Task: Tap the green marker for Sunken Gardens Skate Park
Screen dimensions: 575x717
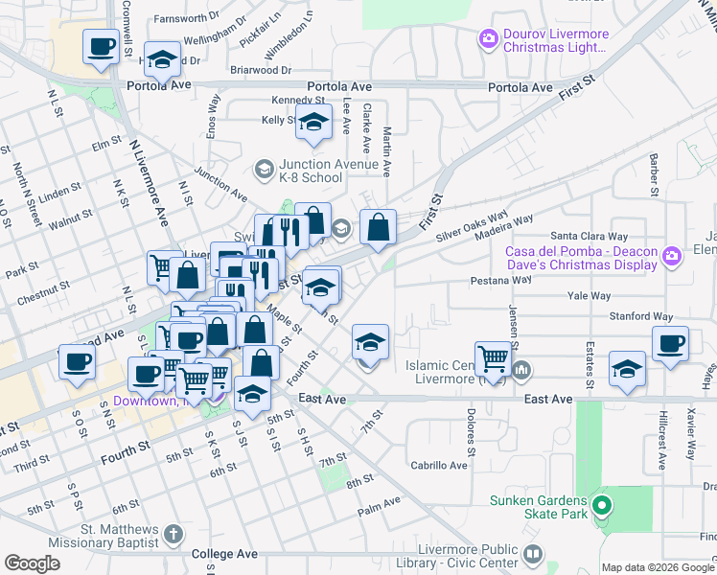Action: [602, 505]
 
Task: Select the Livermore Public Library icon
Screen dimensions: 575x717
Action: [533, 555]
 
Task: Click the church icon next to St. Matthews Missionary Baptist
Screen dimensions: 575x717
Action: [173, 534]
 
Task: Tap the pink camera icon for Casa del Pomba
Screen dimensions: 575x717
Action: [671, 254]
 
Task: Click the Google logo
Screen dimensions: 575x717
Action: [33, 563]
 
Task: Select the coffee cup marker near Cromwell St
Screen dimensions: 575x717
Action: [101, 46]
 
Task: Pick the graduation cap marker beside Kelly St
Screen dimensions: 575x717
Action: [312, 122]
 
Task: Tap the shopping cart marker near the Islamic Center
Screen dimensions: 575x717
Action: [493, 358]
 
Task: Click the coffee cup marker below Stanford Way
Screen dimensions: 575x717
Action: [670, 343]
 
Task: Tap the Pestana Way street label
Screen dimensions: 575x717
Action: [500, 280]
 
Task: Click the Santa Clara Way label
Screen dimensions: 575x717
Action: [589, 236]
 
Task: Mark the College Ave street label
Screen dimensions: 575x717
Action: [224, 554]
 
